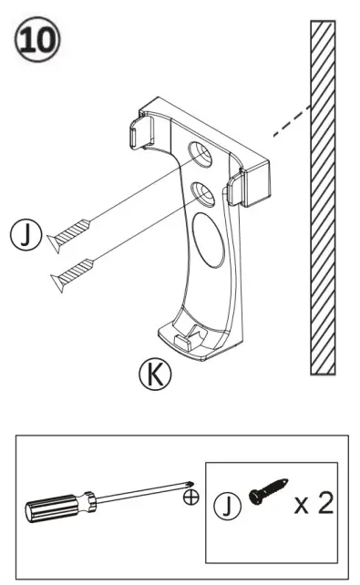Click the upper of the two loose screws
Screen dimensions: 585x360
click(70, 231)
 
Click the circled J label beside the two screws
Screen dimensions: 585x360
click(25, 238)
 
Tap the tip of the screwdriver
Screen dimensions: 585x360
click(188, 486)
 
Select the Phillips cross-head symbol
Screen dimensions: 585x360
click(190, 498)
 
